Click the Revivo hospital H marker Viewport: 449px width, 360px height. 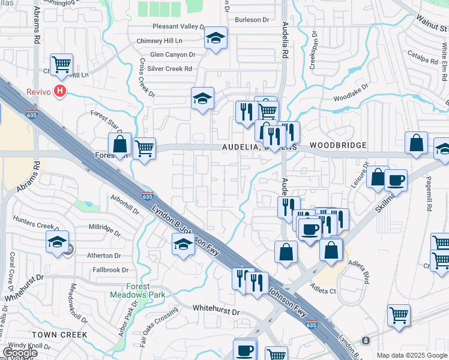(59, 91)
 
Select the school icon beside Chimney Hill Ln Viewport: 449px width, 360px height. (215, 38)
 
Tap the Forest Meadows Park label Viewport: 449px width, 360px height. (138, 290)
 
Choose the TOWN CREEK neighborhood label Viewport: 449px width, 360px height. (60, 334)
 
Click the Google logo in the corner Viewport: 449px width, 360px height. (20, 353)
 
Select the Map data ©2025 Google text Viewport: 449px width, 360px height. (412, 355)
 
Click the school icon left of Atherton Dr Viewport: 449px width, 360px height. (57, 242)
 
